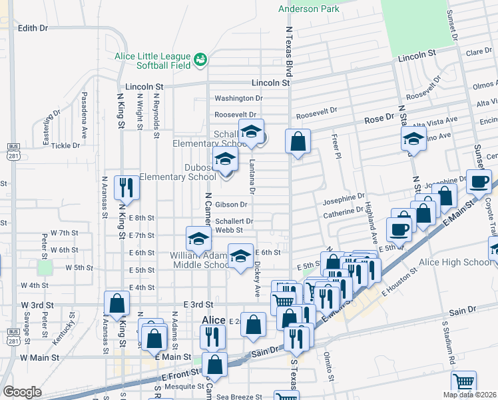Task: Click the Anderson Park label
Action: (308, 9)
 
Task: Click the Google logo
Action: (22, 392)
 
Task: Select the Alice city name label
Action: (214, 320)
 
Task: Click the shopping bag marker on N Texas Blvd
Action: (297, 141)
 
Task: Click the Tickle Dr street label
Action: (65, 145)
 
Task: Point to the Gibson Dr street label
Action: (233, 205)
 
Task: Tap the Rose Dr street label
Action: (379, 119)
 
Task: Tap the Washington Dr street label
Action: (238, 98)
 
